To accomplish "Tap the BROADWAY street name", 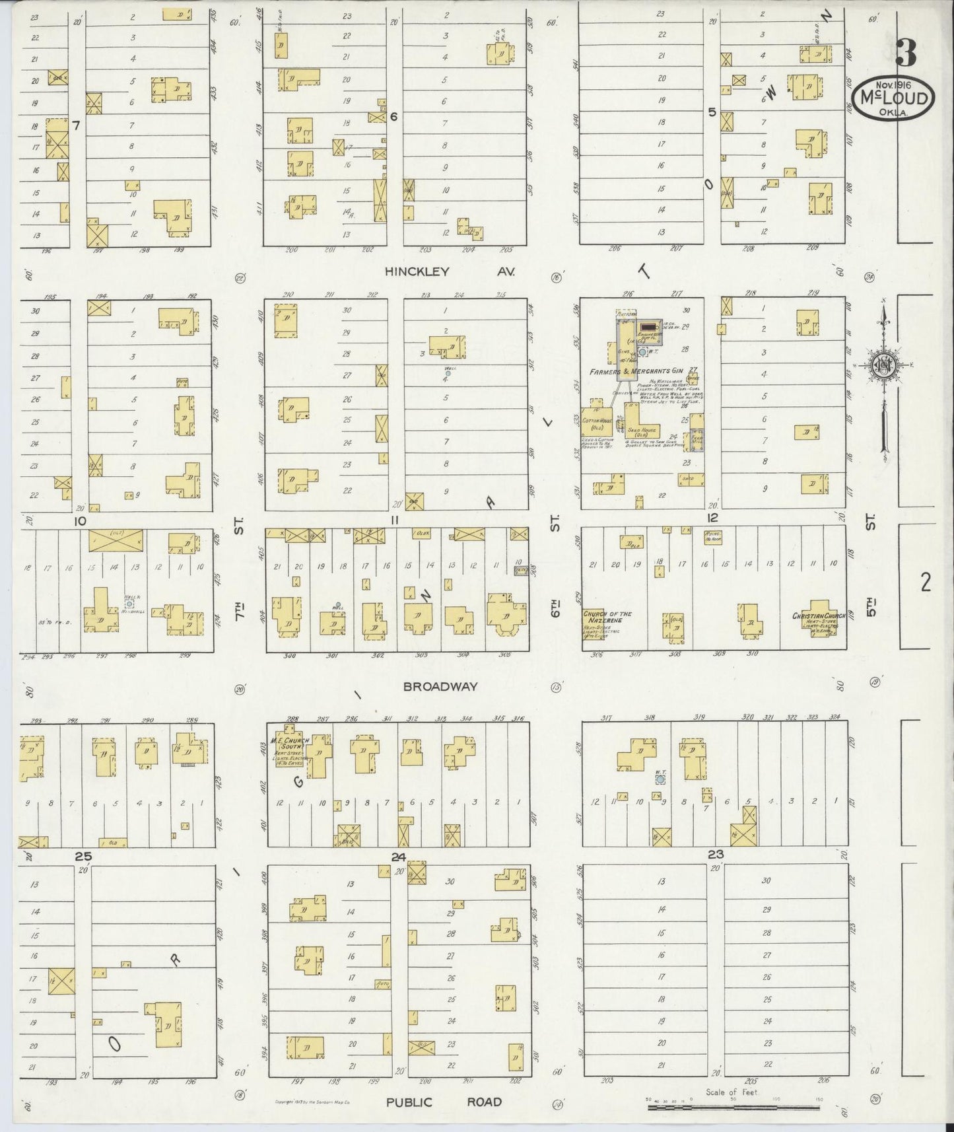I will [440, 687].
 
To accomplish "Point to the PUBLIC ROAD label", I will [444, 1102].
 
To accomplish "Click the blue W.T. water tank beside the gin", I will [642, 353].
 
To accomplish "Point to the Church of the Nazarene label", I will [606, 618].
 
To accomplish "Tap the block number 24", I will [397, 857].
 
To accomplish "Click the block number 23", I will [715, 854].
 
